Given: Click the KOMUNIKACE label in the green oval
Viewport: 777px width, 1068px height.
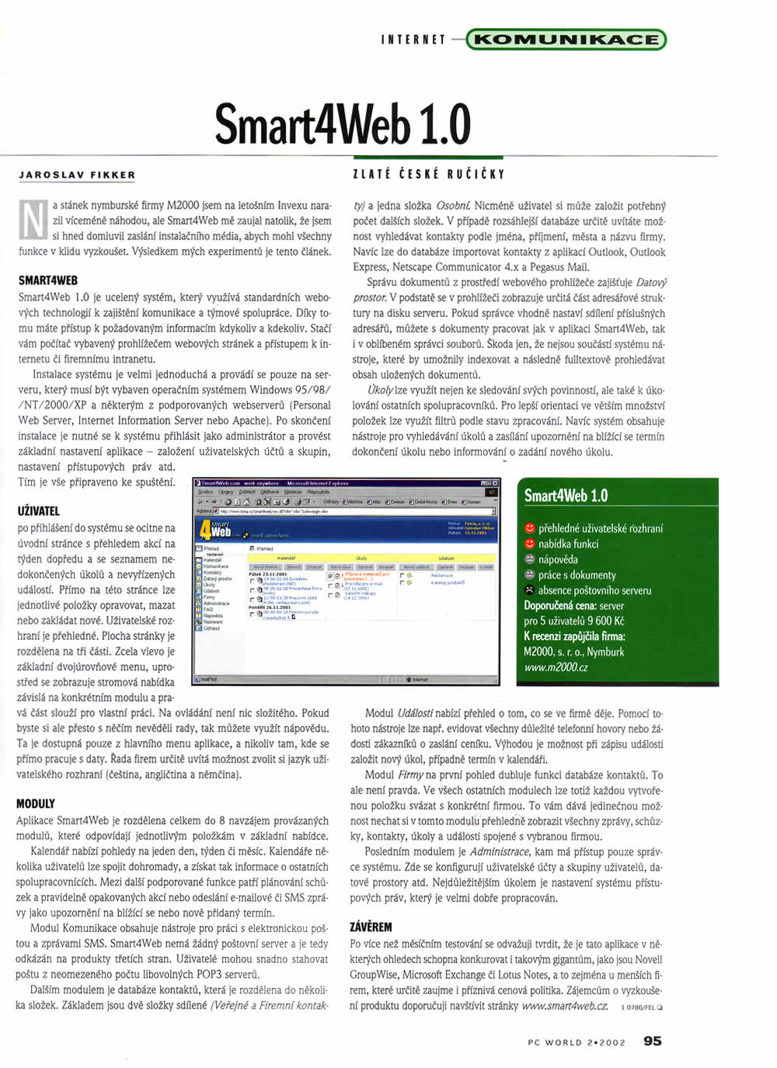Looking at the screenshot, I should point(566,39).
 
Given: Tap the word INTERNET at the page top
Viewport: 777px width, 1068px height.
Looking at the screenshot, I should point(413,40).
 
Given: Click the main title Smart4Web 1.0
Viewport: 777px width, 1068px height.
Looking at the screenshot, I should point(343,123).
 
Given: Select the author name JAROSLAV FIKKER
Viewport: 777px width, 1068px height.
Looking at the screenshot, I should point(77,176).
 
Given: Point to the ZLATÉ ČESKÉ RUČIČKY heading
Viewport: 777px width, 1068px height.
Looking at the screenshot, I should point(428,175).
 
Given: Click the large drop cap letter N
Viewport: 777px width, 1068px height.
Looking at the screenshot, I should point(32,220).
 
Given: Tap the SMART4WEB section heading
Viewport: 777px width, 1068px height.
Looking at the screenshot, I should point(48,280).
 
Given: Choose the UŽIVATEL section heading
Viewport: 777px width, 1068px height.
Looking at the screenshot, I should point(38,511).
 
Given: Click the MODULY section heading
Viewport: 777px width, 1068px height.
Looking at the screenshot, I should point(36,804).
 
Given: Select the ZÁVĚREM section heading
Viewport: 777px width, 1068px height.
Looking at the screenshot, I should point(371,927).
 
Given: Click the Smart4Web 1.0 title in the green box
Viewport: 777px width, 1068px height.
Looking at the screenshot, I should point(566,496).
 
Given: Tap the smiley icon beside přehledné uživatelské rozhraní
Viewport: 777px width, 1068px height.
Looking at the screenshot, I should point(530,528).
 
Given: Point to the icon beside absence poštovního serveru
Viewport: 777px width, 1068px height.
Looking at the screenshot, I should point(530,590).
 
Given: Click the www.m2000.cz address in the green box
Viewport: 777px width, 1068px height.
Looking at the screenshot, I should point(556,667).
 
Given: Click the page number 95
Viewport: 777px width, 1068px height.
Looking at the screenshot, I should point(652,1041).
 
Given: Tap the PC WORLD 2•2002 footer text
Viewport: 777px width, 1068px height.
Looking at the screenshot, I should point(576,1042).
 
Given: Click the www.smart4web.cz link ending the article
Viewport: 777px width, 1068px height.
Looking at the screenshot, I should point(564,1005).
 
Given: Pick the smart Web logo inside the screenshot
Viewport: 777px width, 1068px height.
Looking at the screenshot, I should point(216,530).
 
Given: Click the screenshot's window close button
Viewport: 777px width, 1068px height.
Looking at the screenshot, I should point(495,483).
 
